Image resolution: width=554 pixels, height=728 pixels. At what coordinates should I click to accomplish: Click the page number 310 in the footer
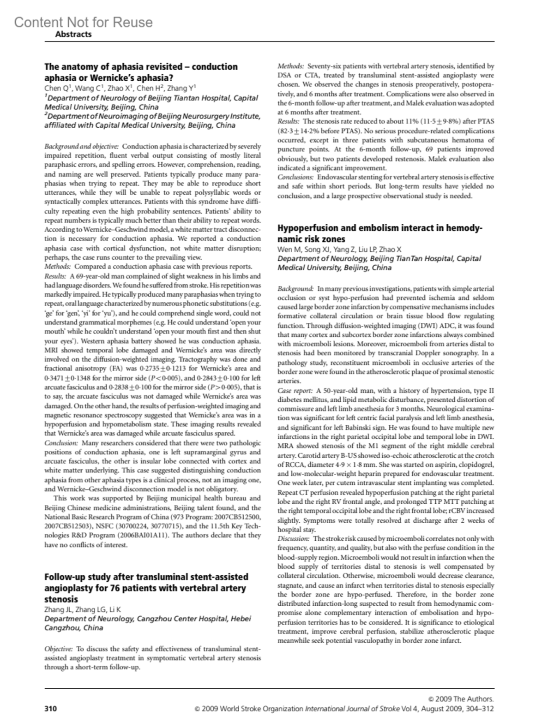(x=50, y=708)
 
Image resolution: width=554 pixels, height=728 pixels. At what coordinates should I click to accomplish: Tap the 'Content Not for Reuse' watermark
(x=83, y=22)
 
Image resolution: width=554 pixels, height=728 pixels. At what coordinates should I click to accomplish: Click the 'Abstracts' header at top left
(x=73, y=34)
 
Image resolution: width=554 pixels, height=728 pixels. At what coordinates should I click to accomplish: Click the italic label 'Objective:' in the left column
(x=59, y=649)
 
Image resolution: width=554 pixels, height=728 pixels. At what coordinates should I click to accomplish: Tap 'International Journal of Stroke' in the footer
(x=352, y=708)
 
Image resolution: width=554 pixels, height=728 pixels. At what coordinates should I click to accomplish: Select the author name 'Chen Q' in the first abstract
(x=53, y=89)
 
